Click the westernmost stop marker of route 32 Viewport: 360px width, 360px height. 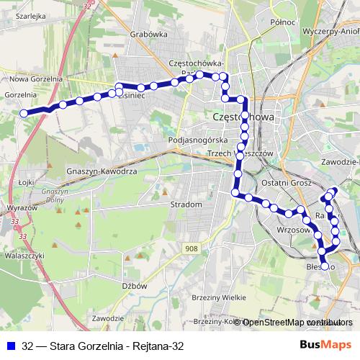pyautogui.click(x=24, y=113)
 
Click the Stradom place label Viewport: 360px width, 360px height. pyautogui.click(x=186, y=204)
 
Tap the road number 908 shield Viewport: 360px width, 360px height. pyautogui.click(x=190, y=249)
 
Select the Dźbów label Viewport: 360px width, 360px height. pyautogui.click(x=135, y=285)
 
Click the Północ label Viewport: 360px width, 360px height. pyautogui.click(x=283, y=22)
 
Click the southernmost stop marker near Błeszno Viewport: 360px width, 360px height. pyautogui.click(x=325, y=266)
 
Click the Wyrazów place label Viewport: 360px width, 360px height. pyautogui.click(x=21, y=207)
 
